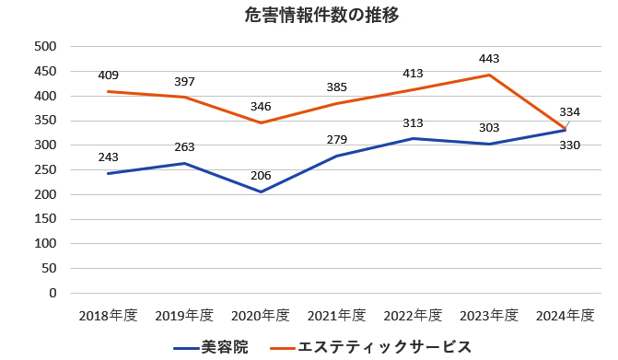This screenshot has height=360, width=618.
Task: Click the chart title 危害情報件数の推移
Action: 309,16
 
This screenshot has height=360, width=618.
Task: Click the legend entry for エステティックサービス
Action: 371,346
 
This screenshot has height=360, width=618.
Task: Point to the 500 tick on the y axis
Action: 45,47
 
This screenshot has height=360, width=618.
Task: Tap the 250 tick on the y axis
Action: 45,170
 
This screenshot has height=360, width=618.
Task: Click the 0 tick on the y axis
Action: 53,294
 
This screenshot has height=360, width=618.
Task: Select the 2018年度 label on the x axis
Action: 108,316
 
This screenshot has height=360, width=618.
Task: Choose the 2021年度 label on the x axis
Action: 337,316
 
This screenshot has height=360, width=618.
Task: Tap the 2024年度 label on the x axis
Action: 566,316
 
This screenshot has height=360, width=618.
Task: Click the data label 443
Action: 489,59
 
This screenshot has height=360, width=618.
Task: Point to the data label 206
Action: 261,176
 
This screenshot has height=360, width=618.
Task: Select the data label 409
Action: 108,75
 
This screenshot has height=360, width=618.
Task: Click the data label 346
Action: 261,107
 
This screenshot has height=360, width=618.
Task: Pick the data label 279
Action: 337,140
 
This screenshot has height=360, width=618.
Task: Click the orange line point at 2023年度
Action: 489,75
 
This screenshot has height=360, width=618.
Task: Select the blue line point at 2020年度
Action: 261,192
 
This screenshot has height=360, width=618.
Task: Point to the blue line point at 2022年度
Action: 413,139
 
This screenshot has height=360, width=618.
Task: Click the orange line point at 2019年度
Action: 184,98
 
